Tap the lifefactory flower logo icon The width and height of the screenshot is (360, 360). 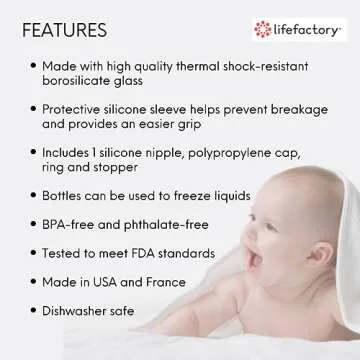(263, 29)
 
